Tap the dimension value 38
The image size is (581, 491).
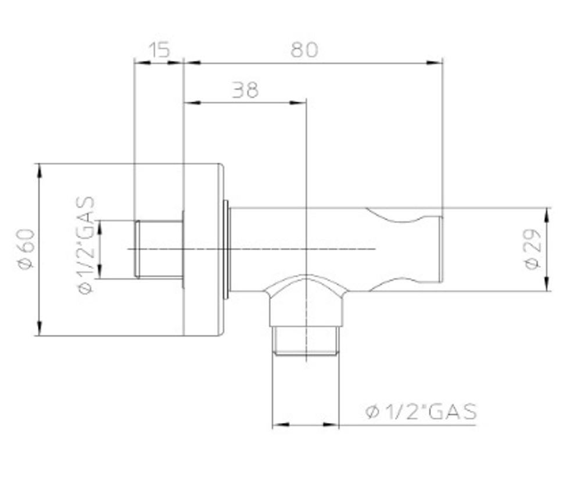pyautogui.click(x=245, y=90)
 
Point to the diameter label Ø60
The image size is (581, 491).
pyautogui.click(x=26, y=250)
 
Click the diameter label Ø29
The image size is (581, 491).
pyautogui.click(x=533, y=250)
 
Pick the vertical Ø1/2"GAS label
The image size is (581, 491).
pyautogui.click(x=87, y=245)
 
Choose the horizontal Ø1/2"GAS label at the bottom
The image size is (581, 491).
pyautogui.click(x=421, y=411)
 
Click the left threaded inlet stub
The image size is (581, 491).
pyautogui.click(x=159, y=248)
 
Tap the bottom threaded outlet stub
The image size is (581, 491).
pyautogui.click(x=306, y=341)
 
